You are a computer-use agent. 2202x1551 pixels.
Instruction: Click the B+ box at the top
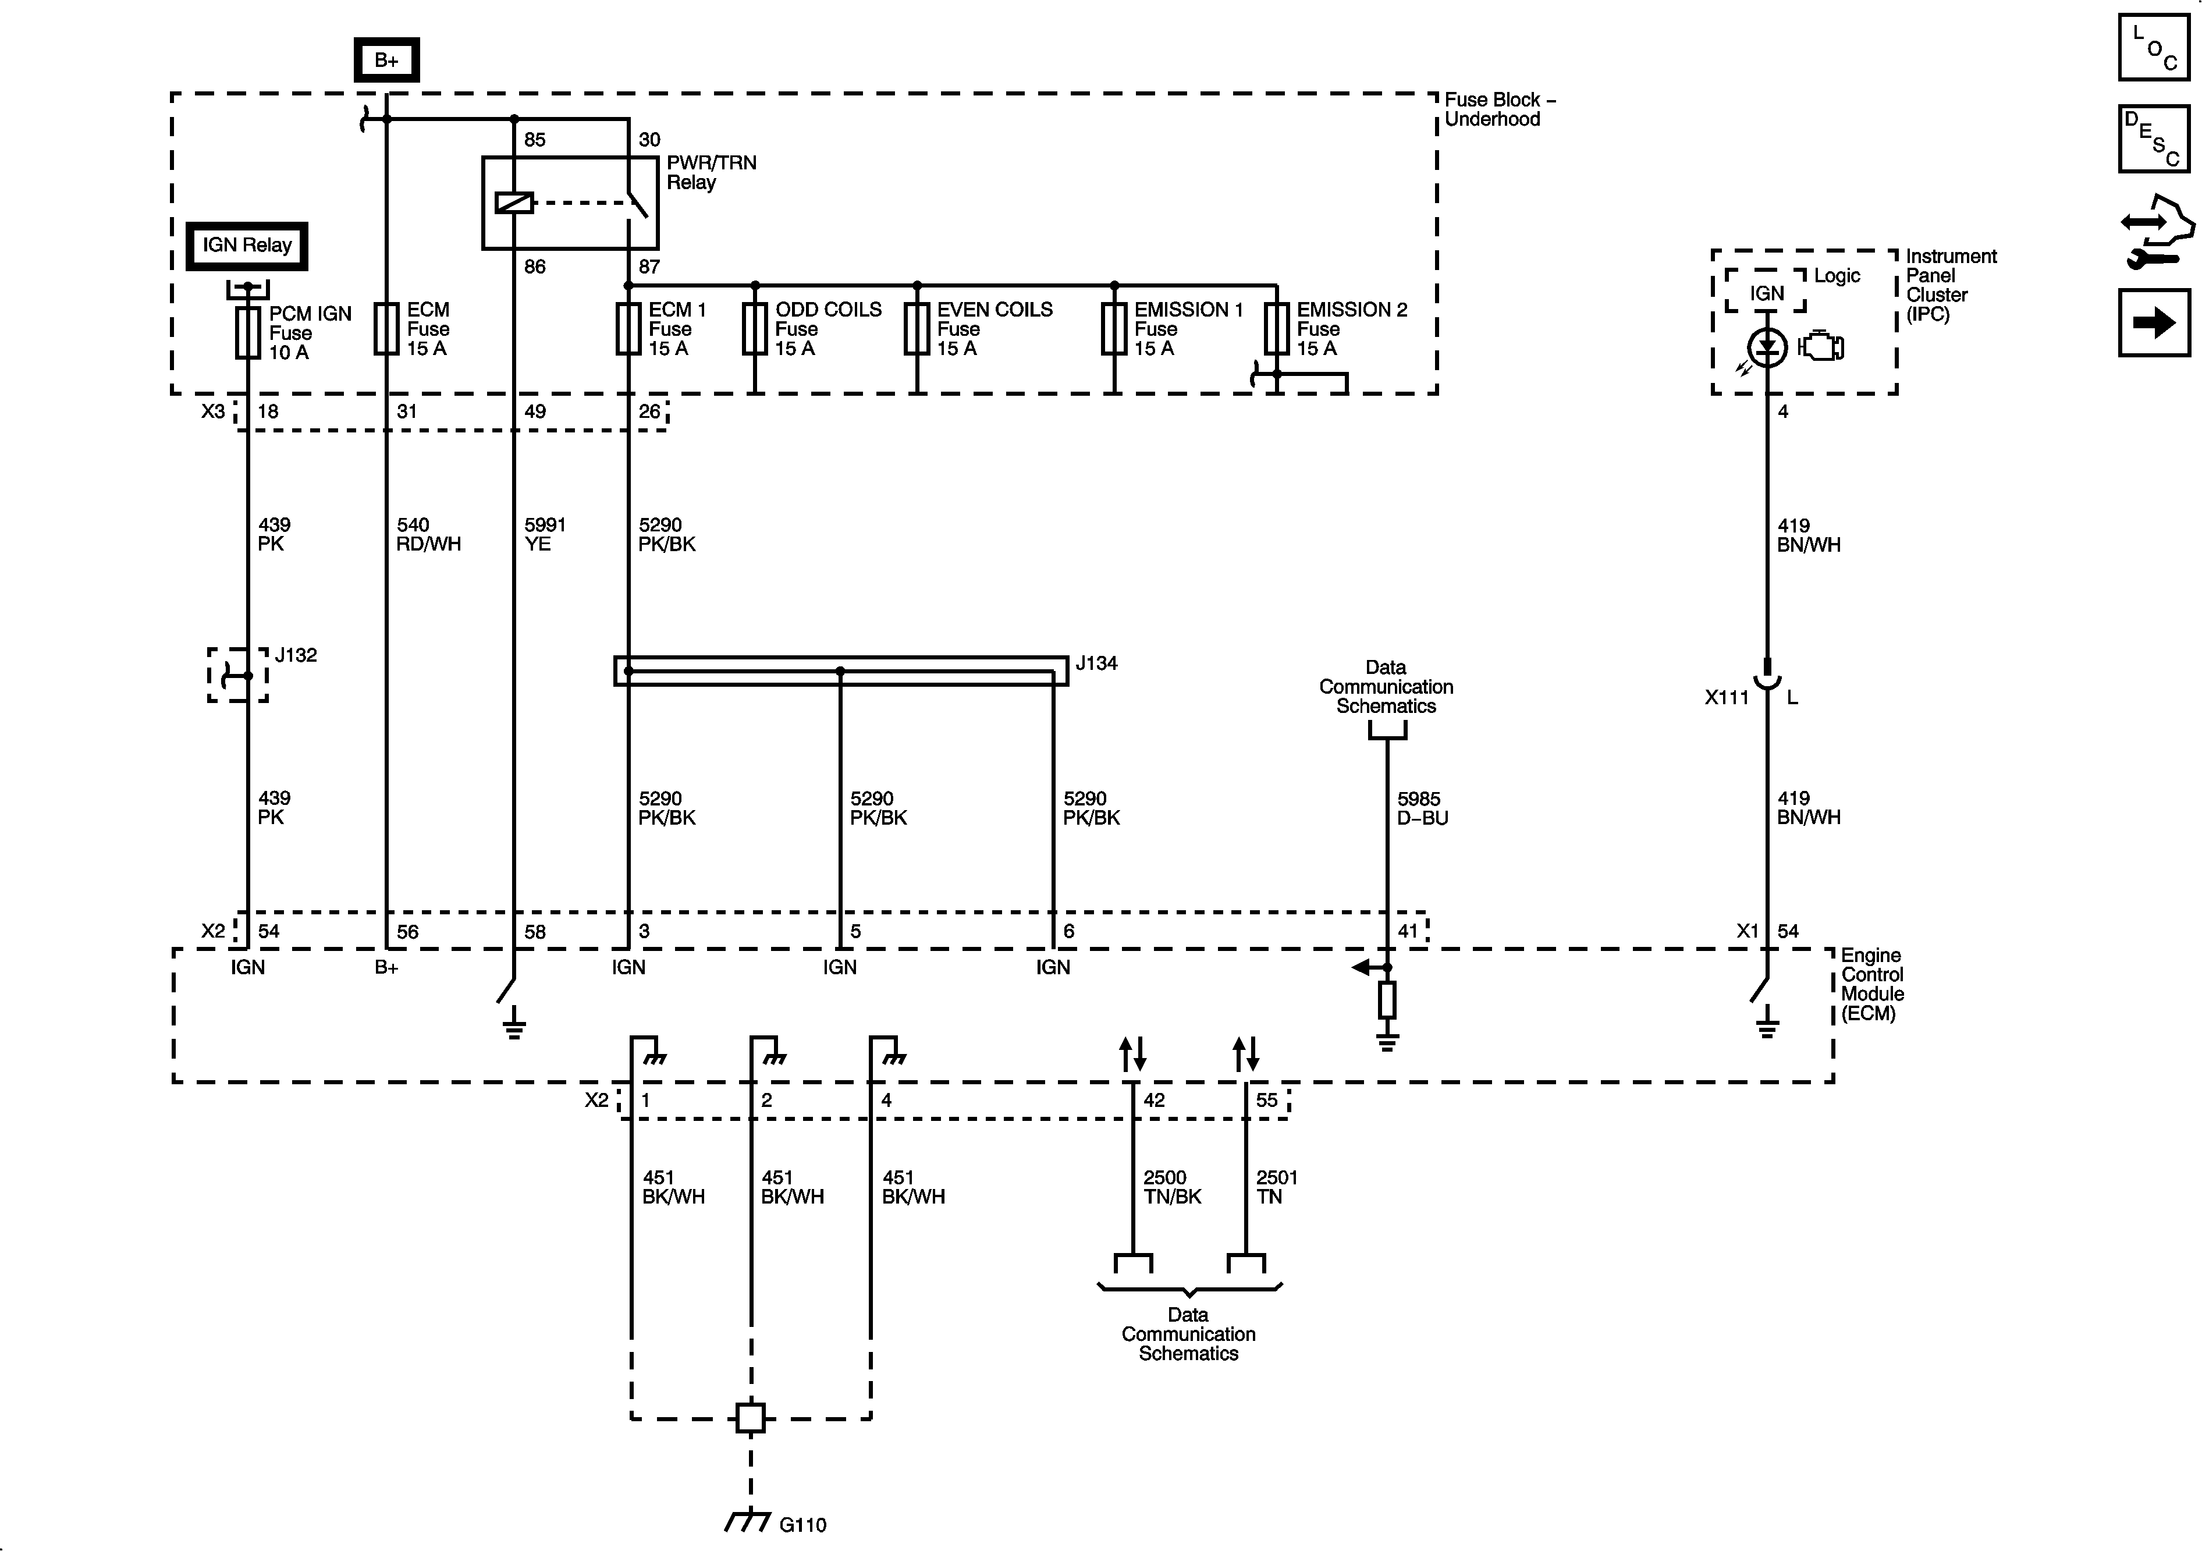386,61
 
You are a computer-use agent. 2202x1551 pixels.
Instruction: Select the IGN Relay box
247,246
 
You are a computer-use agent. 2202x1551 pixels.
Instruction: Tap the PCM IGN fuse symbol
247,333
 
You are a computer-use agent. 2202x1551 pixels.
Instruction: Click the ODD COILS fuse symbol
755,329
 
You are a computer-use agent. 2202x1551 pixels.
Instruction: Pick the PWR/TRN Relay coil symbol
514,203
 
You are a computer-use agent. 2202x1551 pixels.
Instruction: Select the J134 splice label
1096,663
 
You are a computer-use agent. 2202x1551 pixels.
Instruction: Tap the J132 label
296,655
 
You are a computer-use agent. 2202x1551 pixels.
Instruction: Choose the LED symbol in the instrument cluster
1767,347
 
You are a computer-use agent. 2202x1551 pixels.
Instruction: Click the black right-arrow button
2154,322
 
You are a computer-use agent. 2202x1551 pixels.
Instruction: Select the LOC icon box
2154,47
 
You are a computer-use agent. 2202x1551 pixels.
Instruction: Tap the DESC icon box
2154,139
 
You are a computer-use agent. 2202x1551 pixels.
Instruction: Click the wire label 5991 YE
545,534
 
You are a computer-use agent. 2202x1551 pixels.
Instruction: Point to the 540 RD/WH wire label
428,534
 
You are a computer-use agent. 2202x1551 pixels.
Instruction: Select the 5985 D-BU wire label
1422,808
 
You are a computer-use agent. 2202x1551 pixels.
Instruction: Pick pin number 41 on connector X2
1407,931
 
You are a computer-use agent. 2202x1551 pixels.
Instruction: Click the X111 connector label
1727,697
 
